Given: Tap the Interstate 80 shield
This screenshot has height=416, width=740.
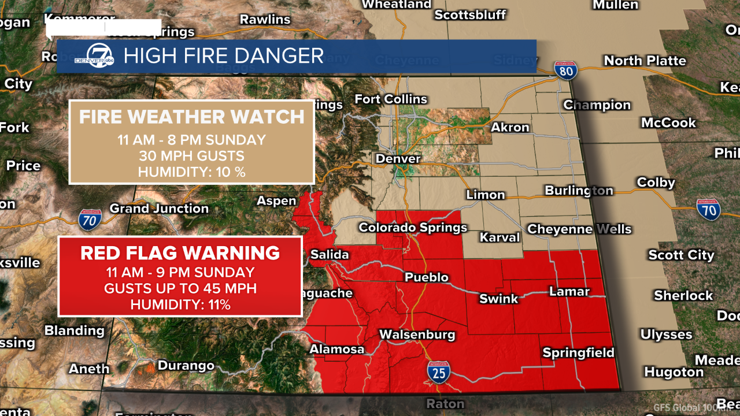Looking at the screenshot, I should tap(565, 70).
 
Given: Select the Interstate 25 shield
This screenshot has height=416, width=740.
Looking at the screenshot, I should tap(439, 372).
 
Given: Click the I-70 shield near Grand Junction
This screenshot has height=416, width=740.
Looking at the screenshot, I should tap(90, 219).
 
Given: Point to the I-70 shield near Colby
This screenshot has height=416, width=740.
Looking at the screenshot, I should tap(708, 209).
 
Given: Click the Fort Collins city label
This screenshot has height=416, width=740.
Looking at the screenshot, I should tap(391, 99).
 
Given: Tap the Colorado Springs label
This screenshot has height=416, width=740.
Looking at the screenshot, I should tap(413, 227).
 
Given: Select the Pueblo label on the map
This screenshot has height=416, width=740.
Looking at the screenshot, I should tap(427, 277).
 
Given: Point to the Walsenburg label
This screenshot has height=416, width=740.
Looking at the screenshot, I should tap(417, 335).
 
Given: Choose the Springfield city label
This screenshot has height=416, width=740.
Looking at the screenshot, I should tap(578, 353).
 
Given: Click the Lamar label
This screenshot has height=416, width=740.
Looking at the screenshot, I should tap(569, 292).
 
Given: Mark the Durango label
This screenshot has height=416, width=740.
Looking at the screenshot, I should tap(186, 366).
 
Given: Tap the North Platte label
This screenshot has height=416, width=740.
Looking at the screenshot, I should tap(645, 61).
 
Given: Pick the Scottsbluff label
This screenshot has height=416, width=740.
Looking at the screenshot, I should tap(470, 14).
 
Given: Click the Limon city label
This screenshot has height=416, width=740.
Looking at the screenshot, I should tap(486, 195).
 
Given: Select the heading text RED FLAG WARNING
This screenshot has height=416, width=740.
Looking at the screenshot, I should tap(180, 253).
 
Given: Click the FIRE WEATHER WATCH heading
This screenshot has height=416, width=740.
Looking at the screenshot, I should tap(191, 117).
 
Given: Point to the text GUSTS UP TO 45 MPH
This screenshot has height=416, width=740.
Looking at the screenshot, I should tap(180, 288).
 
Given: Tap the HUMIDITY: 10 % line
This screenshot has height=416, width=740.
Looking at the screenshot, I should tap(191, 172).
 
